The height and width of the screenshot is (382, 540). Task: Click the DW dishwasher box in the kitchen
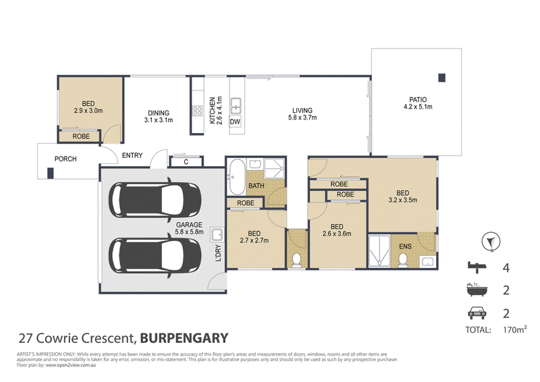[x=235, y=121]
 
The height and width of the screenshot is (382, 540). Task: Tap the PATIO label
[x=418, y=99]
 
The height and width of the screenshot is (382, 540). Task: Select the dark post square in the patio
[x=442, y=78]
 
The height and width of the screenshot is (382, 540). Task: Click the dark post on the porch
[x=50, y=173]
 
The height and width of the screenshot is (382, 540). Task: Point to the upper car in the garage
[x=155, y=200]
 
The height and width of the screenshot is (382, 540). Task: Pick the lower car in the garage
[x=155, y=256]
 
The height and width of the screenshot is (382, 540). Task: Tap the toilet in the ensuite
[x=402, y=260]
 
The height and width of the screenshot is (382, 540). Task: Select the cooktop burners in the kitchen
[x=198, y=111]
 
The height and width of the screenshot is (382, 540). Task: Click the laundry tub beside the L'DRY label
[x=217, y=235]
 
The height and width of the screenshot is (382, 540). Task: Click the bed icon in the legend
[x=477, y=267]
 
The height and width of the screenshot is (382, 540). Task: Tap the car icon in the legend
[x=477, y=312]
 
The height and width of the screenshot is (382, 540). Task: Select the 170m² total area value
[x=514, y=329]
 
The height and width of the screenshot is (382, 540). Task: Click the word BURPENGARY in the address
[x=184, y=338]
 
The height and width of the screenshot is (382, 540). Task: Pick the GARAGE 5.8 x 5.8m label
[x=189, y=228]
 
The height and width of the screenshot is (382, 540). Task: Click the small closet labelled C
[x=186, y=162]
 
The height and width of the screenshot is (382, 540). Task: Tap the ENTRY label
[x=132, y=155]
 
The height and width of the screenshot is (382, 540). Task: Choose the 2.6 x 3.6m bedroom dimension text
[x=337, y=234]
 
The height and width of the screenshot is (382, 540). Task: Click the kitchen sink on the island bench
[x=236, y=105]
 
